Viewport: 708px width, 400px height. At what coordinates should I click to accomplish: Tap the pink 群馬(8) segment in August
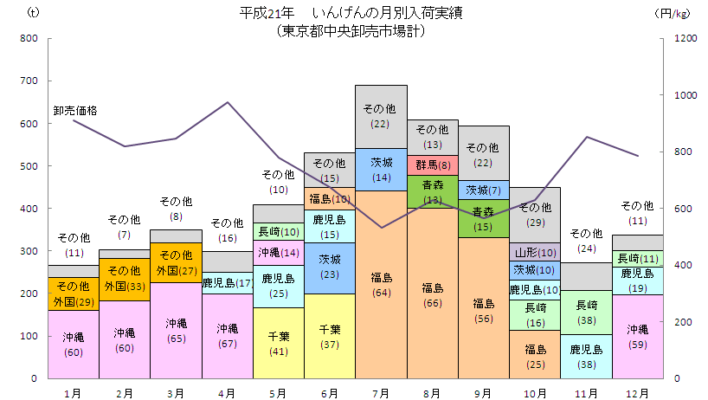[x=433, y=165]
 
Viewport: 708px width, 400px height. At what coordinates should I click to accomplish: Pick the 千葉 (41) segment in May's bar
[x=278, y=343]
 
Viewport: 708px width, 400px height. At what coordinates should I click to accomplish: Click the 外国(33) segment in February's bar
[x=124, y=286]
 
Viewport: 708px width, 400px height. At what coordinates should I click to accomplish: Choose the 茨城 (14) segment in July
[x=381, y=169]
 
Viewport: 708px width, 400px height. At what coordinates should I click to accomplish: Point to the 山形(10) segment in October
[x=535, y=252]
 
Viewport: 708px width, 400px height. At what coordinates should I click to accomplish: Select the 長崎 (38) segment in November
[x=586, y=312]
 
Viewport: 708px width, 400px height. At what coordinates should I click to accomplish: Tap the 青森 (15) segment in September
[x=484, y=218]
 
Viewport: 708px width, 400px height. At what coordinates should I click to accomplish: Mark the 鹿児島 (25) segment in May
[x=278, y=286]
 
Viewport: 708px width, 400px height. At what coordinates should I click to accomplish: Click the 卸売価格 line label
[x=75, y=110]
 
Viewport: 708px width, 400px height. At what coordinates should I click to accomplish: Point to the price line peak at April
[x=227, y=102]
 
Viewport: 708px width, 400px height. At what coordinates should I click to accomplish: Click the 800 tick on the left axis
[x=29, y=38]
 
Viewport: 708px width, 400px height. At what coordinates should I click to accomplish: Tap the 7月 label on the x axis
[x=381, y=392]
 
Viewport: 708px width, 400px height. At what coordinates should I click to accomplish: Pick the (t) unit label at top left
[x=34, y=13]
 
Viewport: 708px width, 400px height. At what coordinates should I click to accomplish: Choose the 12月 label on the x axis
[x=637, y=392]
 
